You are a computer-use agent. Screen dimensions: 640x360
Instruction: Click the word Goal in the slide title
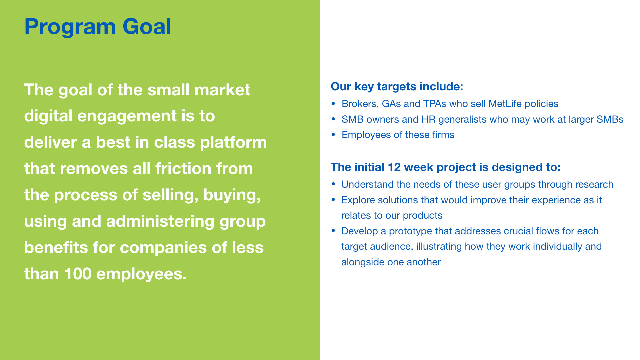(147, 26)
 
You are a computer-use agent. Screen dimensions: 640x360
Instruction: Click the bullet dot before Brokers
(333, 104)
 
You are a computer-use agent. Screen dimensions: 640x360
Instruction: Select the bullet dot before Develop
(333, 231)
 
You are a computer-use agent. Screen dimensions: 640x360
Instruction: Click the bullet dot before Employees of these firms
(333, 135)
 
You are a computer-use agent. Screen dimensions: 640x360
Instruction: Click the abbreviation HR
(428, 119)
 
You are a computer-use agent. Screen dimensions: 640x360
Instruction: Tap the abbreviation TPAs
(435, 104)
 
